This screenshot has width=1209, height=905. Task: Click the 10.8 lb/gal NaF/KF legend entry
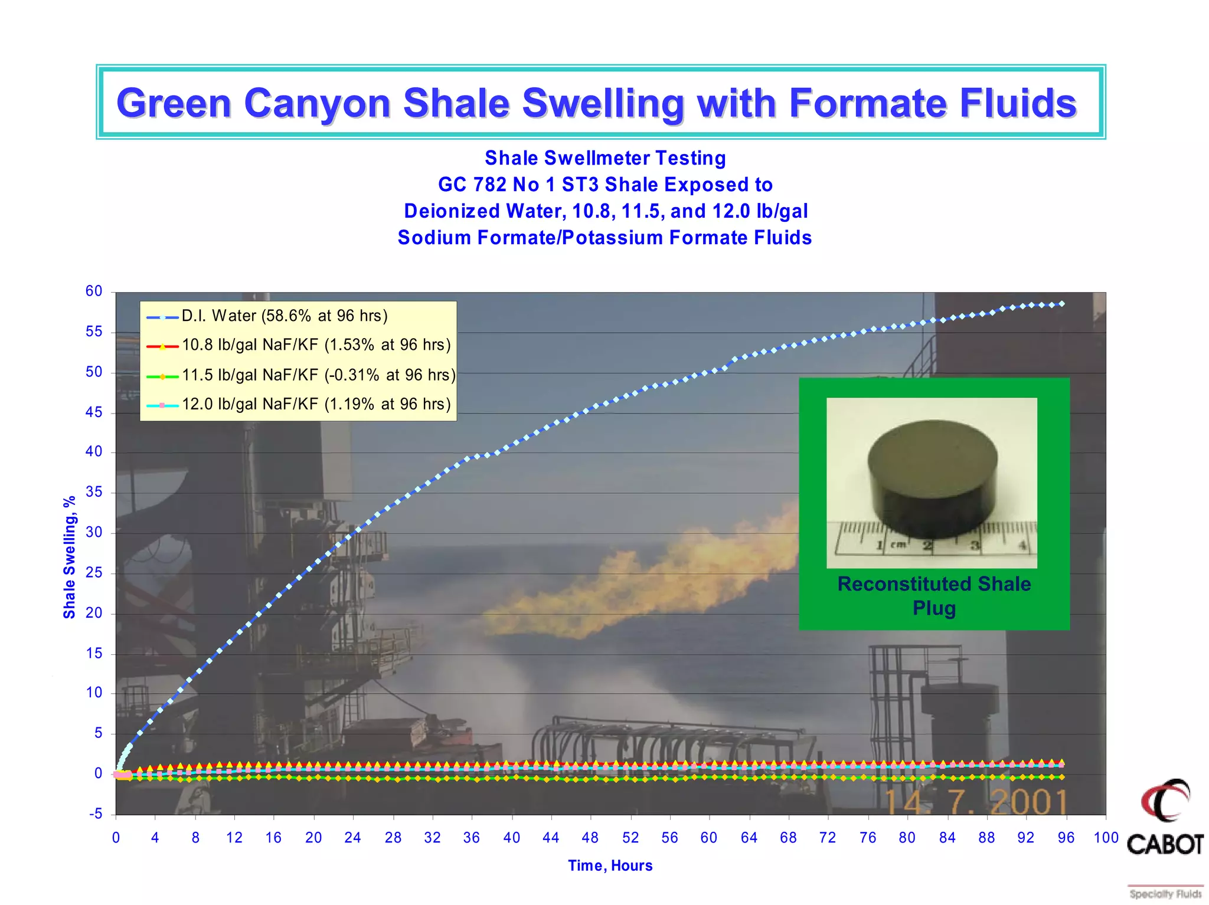(x=316, y=345)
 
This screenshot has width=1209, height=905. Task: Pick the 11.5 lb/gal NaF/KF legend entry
(x=318, y=375)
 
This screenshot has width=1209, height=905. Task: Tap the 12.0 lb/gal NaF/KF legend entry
(x=316, y=405)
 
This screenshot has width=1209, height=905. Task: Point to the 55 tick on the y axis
(x=94, y=332)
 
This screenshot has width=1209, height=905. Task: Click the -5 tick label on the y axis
(x=96, y=814)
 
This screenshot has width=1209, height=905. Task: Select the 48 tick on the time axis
(x=590, y=838)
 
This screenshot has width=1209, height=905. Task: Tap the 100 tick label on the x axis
(x=1106, y=838)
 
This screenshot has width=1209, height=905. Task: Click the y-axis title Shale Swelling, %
(x=70, y=557)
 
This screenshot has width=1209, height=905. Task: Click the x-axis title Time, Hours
(x=610, y=865)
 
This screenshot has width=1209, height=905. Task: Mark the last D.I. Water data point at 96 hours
(x=1062, y=304)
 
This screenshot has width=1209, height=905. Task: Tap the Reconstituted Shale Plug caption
(x=934, y=595)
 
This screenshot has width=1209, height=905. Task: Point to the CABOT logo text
(x=1165, y=844)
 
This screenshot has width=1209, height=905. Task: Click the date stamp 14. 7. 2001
(x=975, y=802)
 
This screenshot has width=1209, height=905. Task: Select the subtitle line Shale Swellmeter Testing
(x=605, y=158)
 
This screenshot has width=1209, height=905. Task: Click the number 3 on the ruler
(x=975, y=546)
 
